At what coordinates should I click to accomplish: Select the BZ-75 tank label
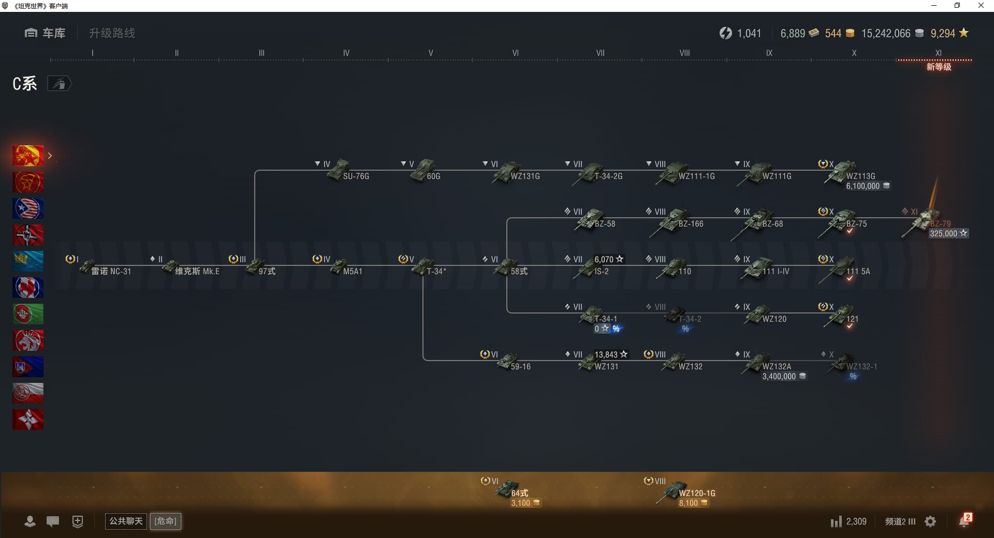point(856,224)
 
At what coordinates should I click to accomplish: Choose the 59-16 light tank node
point(508,362)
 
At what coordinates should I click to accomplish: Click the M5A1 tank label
point(353,271)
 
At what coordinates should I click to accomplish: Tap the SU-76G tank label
point(356,176)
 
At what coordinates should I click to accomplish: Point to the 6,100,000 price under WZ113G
point(863,186)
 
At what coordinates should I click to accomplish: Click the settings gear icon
point(930,521)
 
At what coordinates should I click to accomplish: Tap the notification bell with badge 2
point(964,521)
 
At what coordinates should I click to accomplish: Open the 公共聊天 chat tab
point(126,521)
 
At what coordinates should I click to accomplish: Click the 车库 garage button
point(45,33)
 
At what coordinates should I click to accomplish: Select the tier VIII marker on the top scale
point(684,53)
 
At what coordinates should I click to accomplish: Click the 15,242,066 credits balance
point(886,34)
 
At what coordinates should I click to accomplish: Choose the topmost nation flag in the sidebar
point(28,156)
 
